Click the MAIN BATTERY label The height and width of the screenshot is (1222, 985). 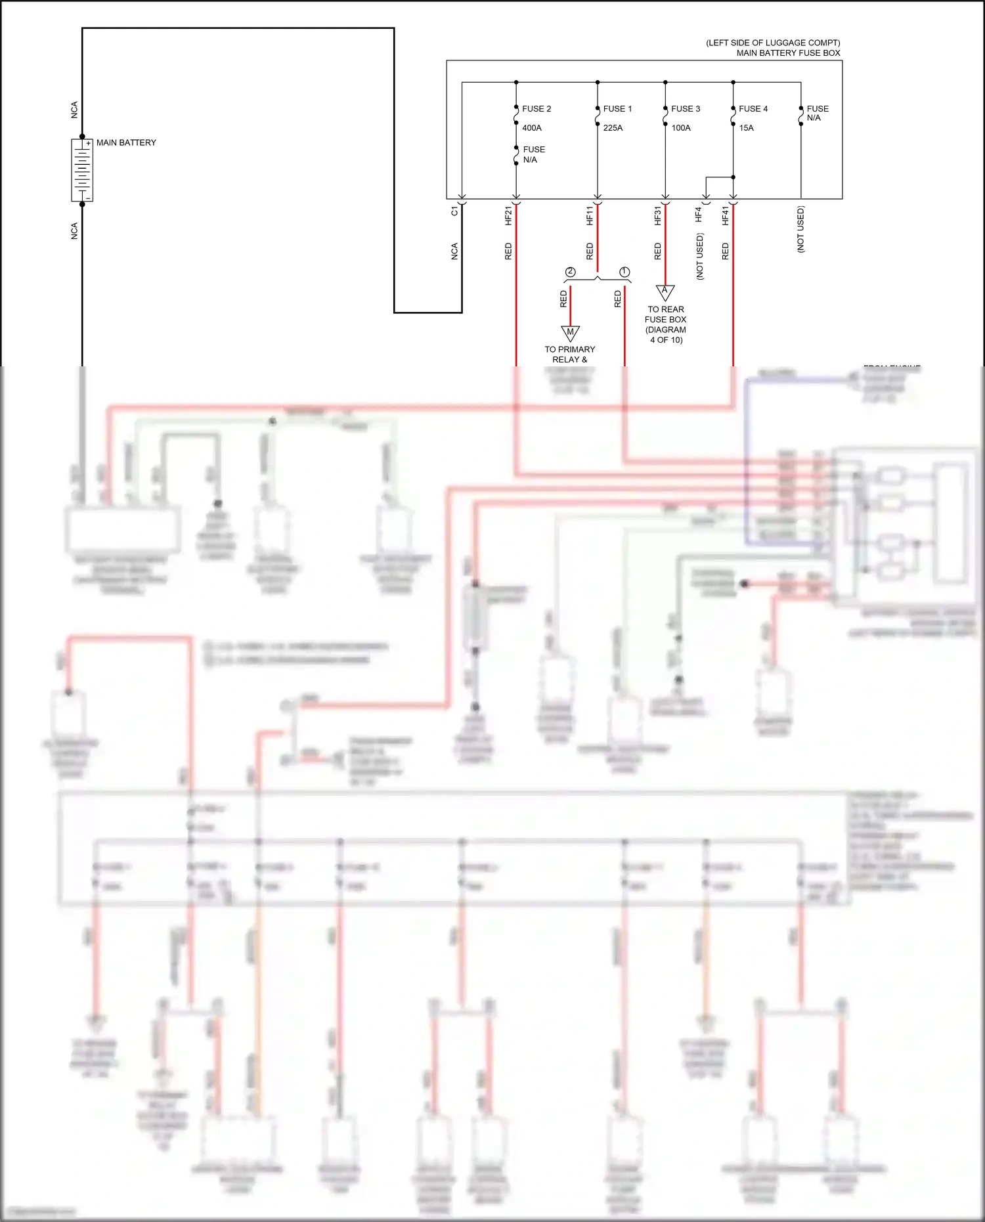point(126,142)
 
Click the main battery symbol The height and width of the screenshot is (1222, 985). point(82,170)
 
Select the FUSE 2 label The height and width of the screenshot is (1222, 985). point(536,109)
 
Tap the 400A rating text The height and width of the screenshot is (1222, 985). point(532,128)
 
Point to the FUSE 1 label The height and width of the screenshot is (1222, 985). point(617,109)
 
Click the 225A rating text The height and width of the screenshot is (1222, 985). point(613,128)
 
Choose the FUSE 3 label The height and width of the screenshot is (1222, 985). point(686,109)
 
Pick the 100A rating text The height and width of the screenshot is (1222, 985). point(681,128)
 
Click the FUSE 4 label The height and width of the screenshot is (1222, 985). point(753,109)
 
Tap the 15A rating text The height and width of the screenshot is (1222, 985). point(747,128)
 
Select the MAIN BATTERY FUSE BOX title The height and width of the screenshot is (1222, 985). point(788,53)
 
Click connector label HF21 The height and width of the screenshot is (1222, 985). point(508,215)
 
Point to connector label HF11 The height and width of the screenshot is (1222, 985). point(590,215)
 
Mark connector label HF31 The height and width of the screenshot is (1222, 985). point(657,215)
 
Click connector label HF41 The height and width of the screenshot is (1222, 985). point(726,215)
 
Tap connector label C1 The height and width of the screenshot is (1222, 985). point(454,211)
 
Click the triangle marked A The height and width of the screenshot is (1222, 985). point(665,291)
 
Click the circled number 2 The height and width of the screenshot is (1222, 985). point(570,272)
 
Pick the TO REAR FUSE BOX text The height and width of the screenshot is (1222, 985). point(666,315)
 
